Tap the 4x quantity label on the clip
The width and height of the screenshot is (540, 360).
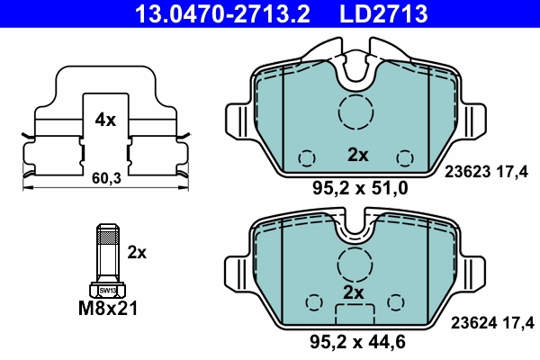(x=105, y=119)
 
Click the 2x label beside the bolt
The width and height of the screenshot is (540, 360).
(x=137, y=253)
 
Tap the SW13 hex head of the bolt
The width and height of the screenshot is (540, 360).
(x=107, y=290)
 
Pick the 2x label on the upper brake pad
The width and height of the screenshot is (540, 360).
(x=358, y=155)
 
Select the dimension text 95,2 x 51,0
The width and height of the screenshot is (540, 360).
(x=359, y=189)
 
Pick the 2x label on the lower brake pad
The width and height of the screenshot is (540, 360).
(x=353, y=293)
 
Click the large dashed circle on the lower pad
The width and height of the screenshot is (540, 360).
(x=355, y=265)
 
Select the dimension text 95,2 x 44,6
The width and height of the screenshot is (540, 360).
(x=359, y=342)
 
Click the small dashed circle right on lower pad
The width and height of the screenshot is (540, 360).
(x=397, y=301)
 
